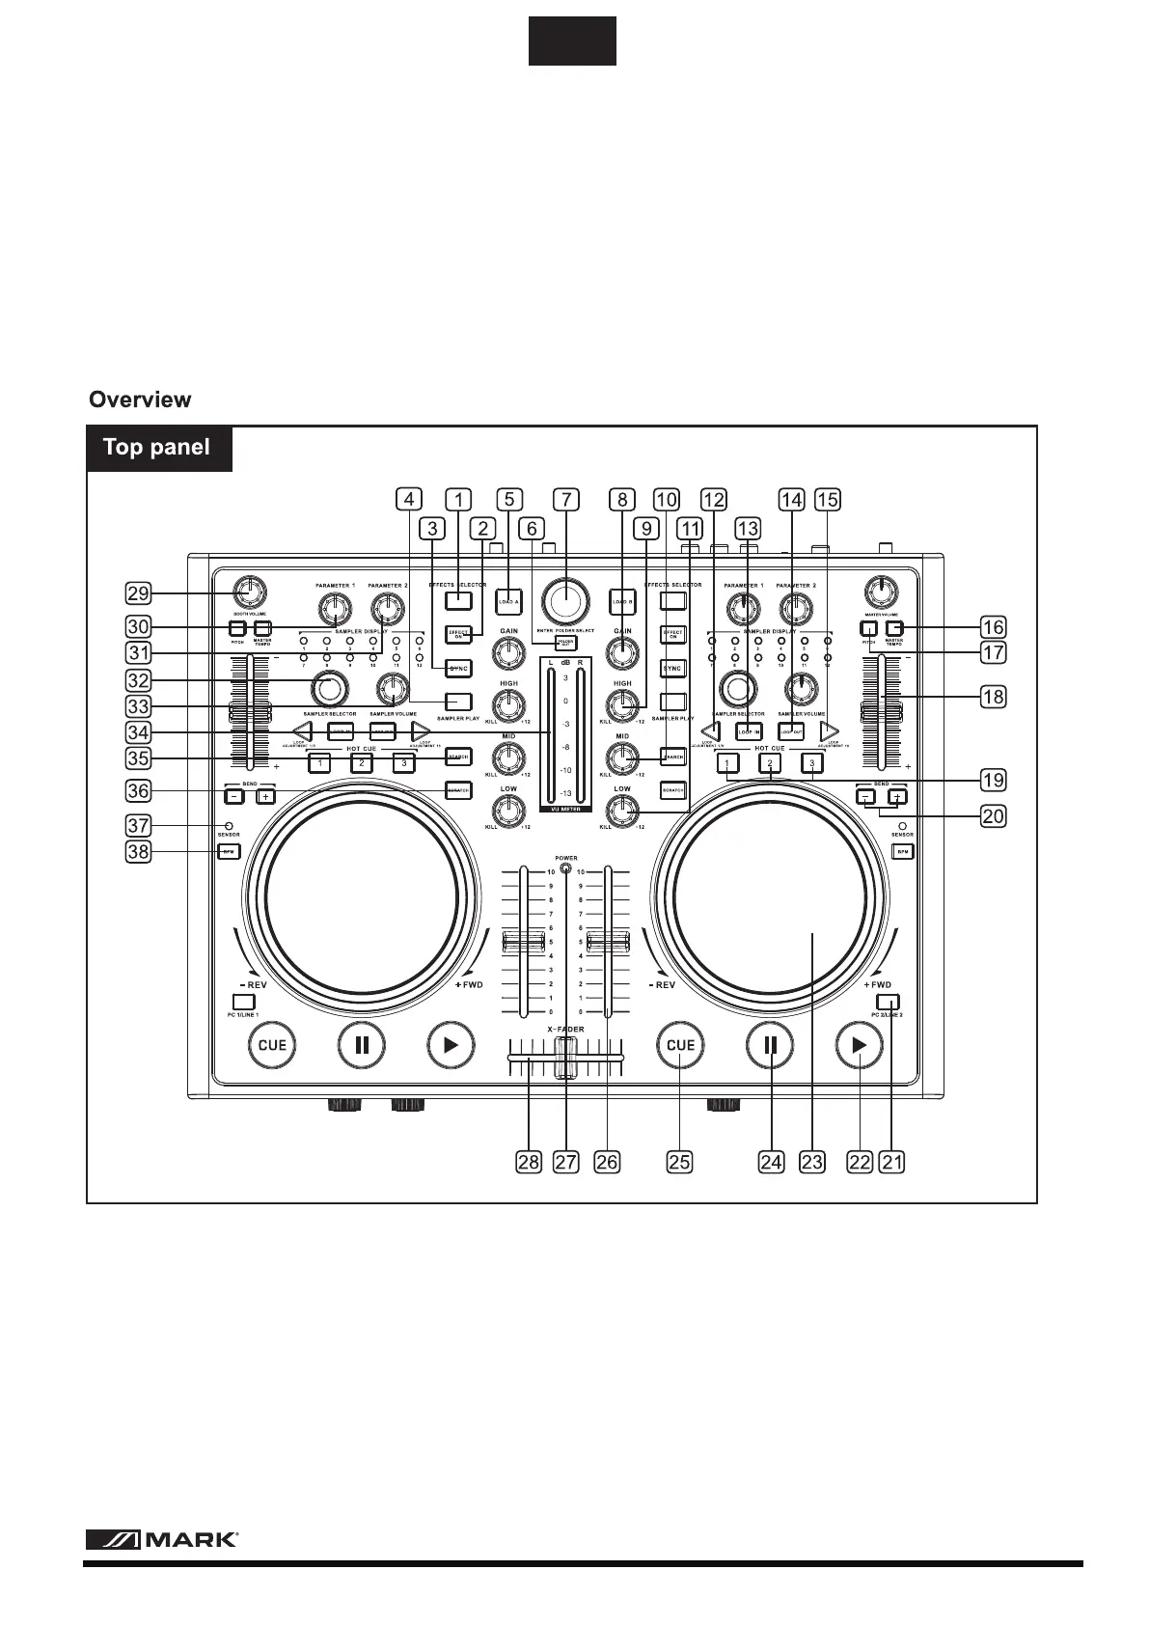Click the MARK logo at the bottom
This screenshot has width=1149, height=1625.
[162, 1540]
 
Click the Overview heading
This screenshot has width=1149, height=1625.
[140, 399]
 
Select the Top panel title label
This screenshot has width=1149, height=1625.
[157, 448]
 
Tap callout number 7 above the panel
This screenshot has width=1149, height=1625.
[566, 499]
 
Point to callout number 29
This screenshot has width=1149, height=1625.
[138, 592]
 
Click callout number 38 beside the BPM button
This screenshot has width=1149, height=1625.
[138, 852]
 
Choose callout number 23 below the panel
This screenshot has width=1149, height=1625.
[812, 1162]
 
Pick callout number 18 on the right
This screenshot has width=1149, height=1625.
[993, 696]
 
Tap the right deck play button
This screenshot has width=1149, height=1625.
[859, 1045]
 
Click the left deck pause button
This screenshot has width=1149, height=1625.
[362, 1045]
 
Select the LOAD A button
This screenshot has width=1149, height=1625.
[508, 601]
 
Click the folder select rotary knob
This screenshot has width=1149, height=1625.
[566, 601]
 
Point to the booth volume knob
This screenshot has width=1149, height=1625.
[249, 592]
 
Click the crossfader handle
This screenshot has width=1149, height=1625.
[565, 1058]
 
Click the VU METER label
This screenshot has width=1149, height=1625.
[565, 810]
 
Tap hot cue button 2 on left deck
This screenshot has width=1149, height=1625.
[361, 763]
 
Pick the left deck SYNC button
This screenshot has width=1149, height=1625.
[458, 668]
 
